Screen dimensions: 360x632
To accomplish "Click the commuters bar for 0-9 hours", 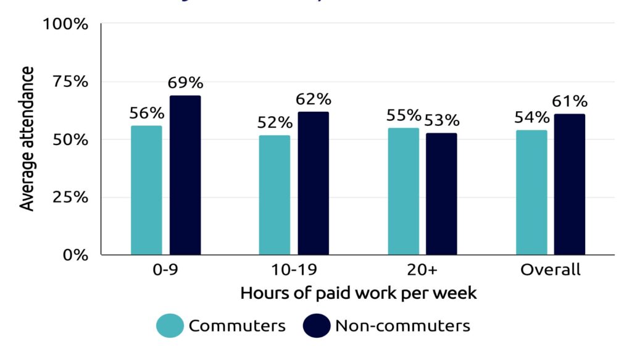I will click(x=146, y=190).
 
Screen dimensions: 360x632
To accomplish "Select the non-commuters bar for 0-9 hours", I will click(x=185, y=175).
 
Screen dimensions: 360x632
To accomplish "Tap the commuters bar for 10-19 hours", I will click(x=275, y=195).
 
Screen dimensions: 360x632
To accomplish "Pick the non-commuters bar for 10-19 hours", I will click(x=314, y=183).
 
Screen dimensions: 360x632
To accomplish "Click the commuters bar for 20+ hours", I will click(x=404, y=191).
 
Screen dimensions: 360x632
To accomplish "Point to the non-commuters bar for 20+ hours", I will click(x=442, y=194).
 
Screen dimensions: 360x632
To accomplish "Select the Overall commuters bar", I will click(x=531, y=193).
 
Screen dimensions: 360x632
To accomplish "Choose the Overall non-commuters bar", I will click(x=570, y=184).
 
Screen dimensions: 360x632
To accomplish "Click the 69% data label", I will click(x=185, y=83).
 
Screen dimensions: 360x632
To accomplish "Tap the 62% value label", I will click(x=314, y=99).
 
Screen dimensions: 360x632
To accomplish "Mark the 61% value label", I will click(x=570, y=102).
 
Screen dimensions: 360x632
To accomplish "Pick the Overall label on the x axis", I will click(x=550, y=270).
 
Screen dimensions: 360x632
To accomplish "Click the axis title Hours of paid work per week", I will click(x=359, y=293).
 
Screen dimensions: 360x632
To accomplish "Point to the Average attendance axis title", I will click(x=28, y=139).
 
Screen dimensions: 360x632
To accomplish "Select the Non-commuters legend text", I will click(x=402, y=326).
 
